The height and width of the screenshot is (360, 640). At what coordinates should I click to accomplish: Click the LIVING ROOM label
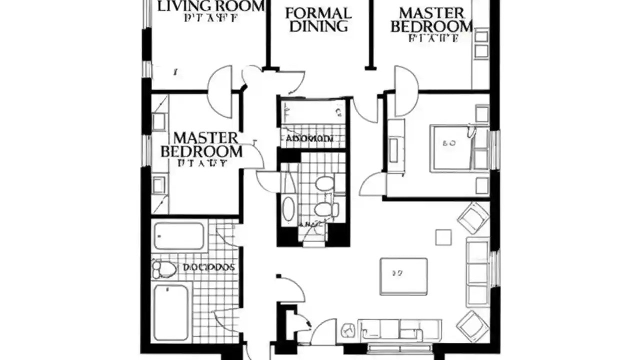pos(211,6)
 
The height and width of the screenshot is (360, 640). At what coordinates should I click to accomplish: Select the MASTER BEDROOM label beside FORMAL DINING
pos(431,20)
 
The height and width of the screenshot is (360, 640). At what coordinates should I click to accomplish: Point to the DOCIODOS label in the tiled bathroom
pos(208,267)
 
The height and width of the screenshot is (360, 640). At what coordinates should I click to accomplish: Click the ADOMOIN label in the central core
pos(310,138)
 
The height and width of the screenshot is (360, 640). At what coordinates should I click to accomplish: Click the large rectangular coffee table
pos(403,276)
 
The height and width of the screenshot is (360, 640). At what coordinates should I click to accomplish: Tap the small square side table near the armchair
pos(443,237)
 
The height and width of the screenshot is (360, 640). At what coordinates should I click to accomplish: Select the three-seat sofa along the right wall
pos(477,271)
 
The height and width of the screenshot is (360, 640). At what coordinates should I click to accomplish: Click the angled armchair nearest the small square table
pos(473,217)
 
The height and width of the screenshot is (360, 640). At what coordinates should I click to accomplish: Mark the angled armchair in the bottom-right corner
pos(472,325)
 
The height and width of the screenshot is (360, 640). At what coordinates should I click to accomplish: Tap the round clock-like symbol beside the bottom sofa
pos(348,330)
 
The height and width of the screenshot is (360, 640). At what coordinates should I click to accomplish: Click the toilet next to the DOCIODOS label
pos(163,269)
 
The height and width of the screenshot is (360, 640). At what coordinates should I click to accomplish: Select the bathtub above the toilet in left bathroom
pos(178,236)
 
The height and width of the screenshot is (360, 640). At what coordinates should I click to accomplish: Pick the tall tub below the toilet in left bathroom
pos(171,312)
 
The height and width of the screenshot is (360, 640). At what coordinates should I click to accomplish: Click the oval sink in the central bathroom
pos(289,208)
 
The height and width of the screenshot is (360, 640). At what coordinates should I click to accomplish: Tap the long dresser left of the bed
pos(396,146)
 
